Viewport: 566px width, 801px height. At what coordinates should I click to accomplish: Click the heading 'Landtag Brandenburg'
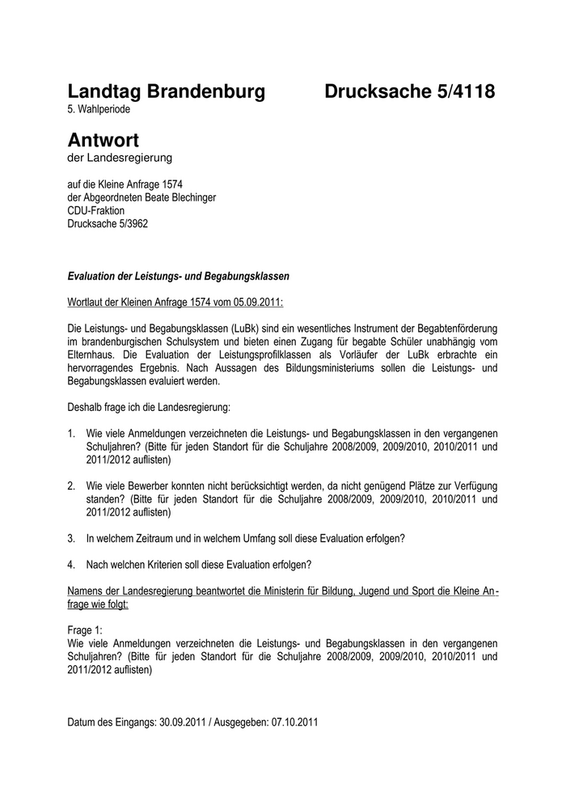166,92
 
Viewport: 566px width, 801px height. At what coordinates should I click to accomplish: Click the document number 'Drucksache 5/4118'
409,92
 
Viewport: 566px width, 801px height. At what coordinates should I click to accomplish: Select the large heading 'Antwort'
103,140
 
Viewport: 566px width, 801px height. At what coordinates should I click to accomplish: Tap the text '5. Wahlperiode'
99,108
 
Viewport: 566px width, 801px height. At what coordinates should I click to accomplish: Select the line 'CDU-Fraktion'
95,210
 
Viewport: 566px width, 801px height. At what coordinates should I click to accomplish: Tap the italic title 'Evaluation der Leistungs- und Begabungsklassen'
178,276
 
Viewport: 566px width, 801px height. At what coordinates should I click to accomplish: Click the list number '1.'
71,433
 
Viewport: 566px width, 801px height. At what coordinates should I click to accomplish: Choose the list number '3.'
71,538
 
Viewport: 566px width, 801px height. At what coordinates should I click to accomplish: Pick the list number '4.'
71,564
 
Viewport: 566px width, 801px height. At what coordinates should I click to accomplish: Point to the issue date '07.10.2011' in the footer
293,722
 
